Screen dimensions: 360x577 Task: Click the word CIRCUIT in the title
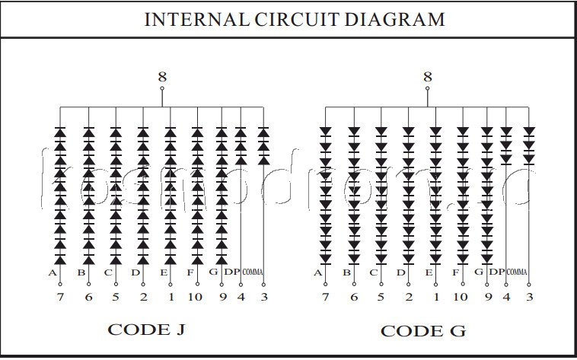pyautogui.click(x=289, y=19)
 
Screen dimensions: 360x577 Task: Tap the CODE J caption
pyautogui.click(x=147, y=330)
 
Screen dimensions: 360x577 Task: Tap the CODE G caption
pyautogui.click(x=422, y=330)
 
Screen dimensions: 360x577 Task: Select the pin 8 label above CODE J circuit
pyautogui.click(x=161, y=76)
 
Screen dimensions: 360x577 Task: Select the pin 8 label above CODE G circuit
pyautogui.click(x=427, y=76)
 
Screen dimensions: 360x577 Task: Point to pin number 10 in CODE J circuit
pyautogui.click(x=195, y=297)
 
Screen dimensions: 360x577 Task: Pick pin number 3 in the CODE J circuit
pyautogui.click(x=264, y=297)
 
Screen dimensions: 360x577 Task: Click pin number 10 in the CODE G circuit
pyautogui.click(x=461, y=297)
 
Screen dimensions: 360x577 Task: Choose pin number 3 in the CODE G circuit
pyautogui.click(x=529, y=297)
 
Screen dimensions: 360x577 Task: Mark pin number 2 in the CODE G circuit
pyautogui.click(x=409, y=297)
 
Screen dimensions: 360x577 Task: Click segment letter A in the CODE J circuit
pyautogui.click(x=53, y=272)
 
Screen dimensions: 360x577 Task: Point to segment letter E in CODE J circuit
pyautogui.click(x=163, y=272)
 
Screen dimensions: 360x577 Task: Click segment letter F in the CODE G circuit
pyautogui.click(x=455, y=272)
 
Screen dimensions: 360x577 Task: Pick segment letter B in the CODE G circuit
pyautogui.click(x=346, y=272)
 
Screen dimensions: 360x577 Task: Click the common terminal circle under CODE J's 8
pyautogui.click(x=161, y=89)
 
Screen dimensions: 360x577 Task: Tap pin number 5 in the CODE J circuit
pyautogui.click(x=116, y=297)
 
